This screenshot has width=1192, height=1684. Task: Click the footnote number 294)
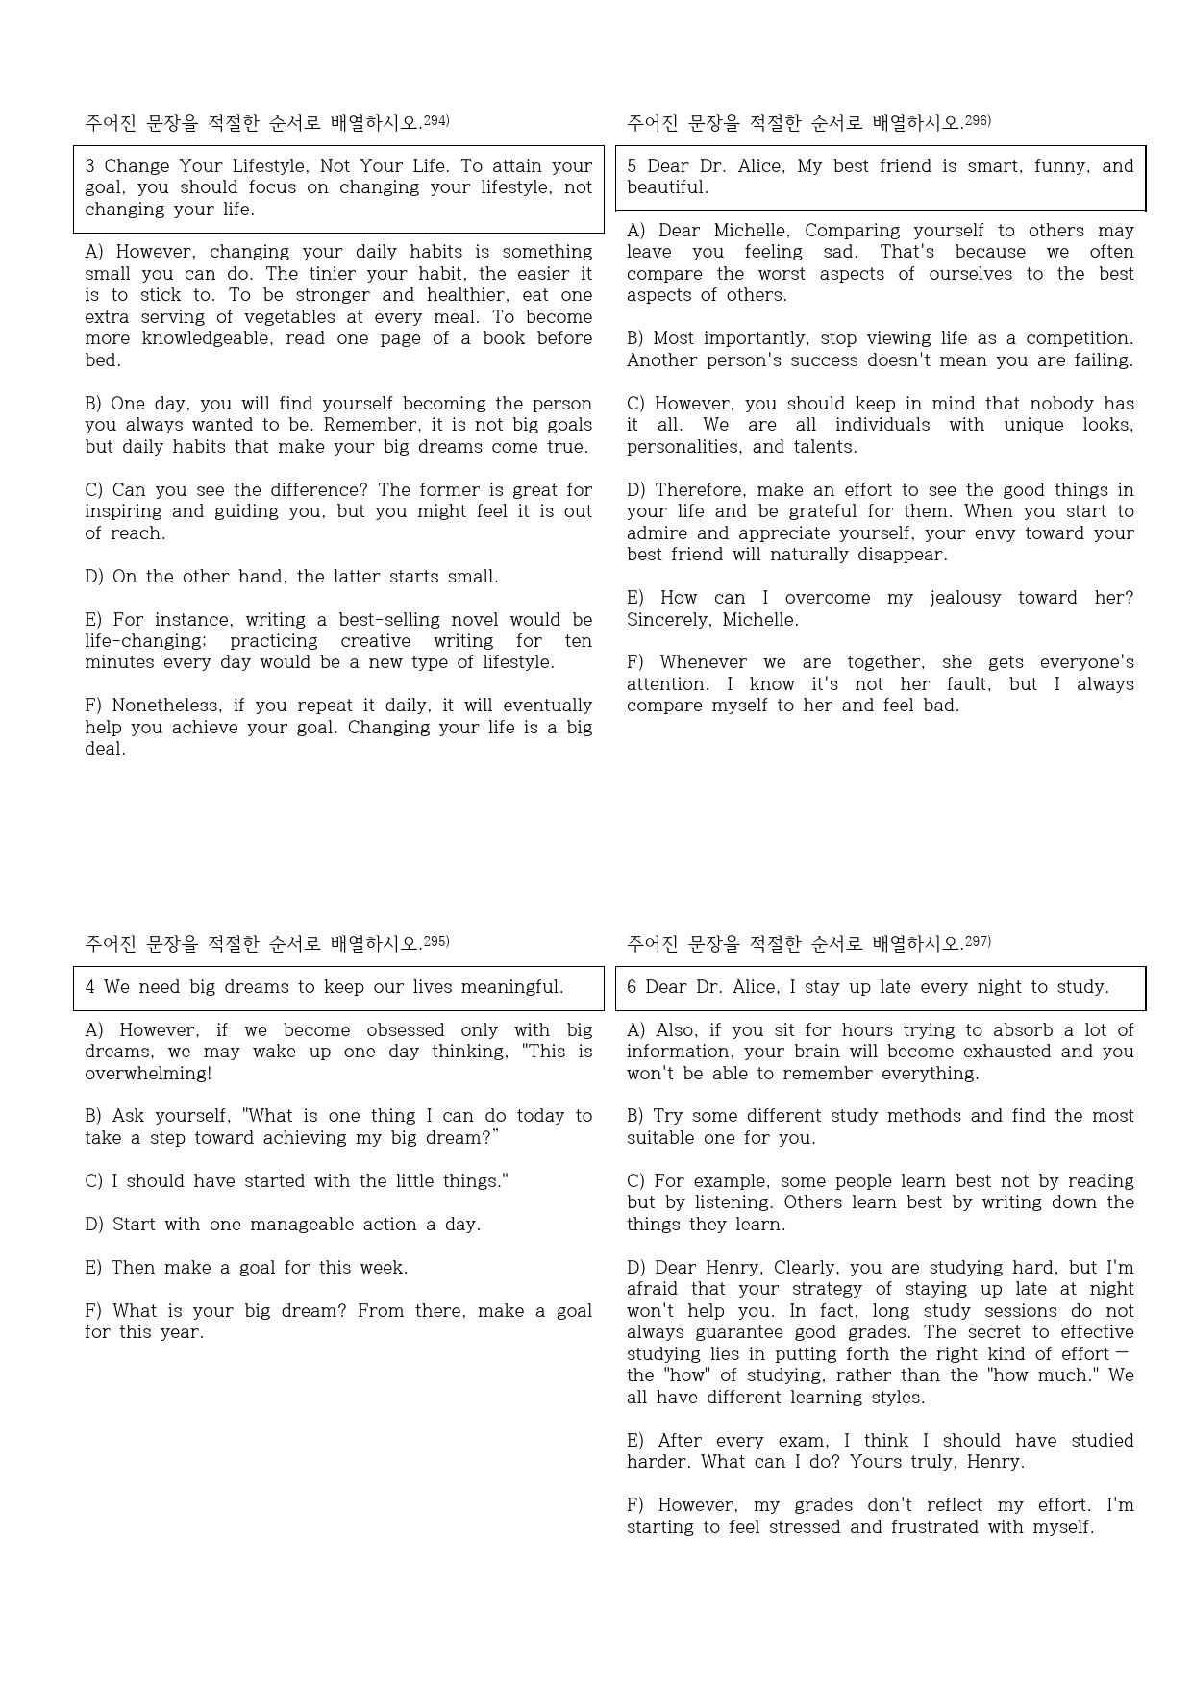(436, 120)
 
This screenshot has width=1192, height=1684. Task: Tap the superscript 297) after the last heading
(978, 941)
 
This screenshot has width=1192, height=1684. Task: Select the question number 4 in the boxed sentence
(89, 987)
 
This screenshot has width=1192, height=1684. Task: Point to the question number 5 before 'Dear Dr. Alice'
(632, 166)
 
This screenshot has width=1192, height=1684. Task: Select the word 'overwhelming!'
(148, 1074)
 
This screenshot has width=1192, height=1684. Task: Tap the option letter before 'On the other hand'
(93, 577)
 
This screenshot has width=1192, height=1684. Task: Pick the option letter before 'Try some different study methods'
(634, 1116)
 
